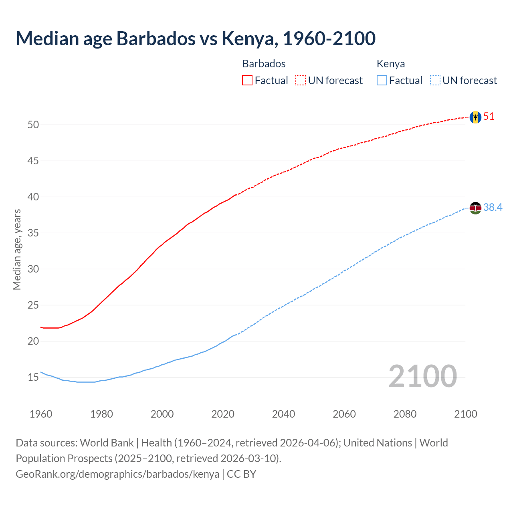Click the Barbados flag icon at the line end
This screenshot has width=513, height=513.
(475, 117)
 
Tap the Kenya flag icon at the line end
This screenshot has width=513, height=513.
(475, 208)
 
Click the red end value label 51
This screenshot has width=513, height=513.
(489, 117)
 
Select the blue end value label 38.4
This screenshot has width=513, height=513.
(493, 207)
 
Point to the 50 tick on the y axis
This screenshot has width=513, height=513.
(33, 125)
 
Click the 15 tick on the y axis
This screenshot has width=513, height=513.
(33, 377)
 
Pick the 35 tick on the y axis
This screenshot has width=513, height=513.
(33, 233)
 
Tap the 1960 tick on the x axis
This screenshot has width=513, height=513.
(41, 414)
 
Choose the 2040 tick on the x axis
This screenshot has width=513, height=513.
(283, 414)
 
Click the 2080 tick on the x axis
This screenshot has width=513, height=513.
(405, 414)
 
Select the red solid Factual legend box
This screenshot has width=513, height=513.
(247, 80)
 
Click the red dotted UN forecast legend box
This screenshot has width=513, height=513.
(301, 80)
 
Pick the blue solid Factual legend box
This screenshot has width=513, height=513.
(382, 80)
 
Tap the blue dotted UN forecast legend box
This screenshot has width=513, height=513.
(435, 80)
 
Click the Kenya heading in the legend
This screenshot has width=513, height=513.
(391, 64)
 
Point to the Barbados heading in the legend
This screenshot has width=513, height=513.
(264, 64)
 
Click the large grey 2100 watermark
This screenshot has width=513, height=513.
(422, 376)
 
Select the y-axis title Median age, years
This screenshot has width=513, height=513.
(17, 249)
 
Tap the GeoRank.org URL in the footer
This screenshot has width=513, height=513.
(117, 474)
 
